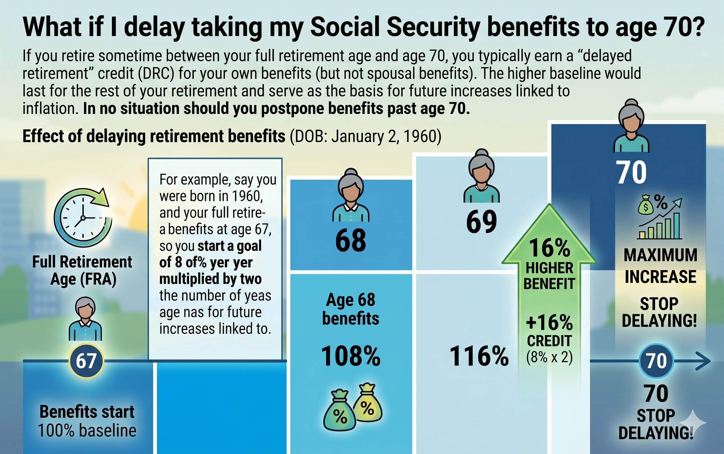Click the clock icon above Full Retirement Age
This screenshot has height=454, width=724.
[83, 218]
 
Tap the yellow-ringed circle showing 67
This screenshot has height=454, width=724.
[86, 361]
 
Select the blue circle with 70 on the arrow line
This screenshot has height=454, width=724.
[656, 361]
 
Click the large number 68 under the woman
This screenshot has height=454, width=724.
[350, 240]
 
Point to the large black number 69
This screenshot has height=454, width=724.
[481, 222]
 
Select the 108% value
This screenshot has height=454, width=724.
[350, 356]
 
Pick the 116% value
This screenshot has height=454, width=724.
[479, 356]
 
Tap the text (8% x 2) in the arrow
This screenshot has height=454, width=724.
[549, 357]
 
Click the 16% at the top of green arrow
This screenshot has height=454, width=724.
[549, 248]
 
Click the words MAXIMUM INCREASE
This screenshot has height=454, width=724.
[660, 266]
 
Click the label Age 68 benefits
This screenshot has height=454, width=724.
[350, 309]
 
